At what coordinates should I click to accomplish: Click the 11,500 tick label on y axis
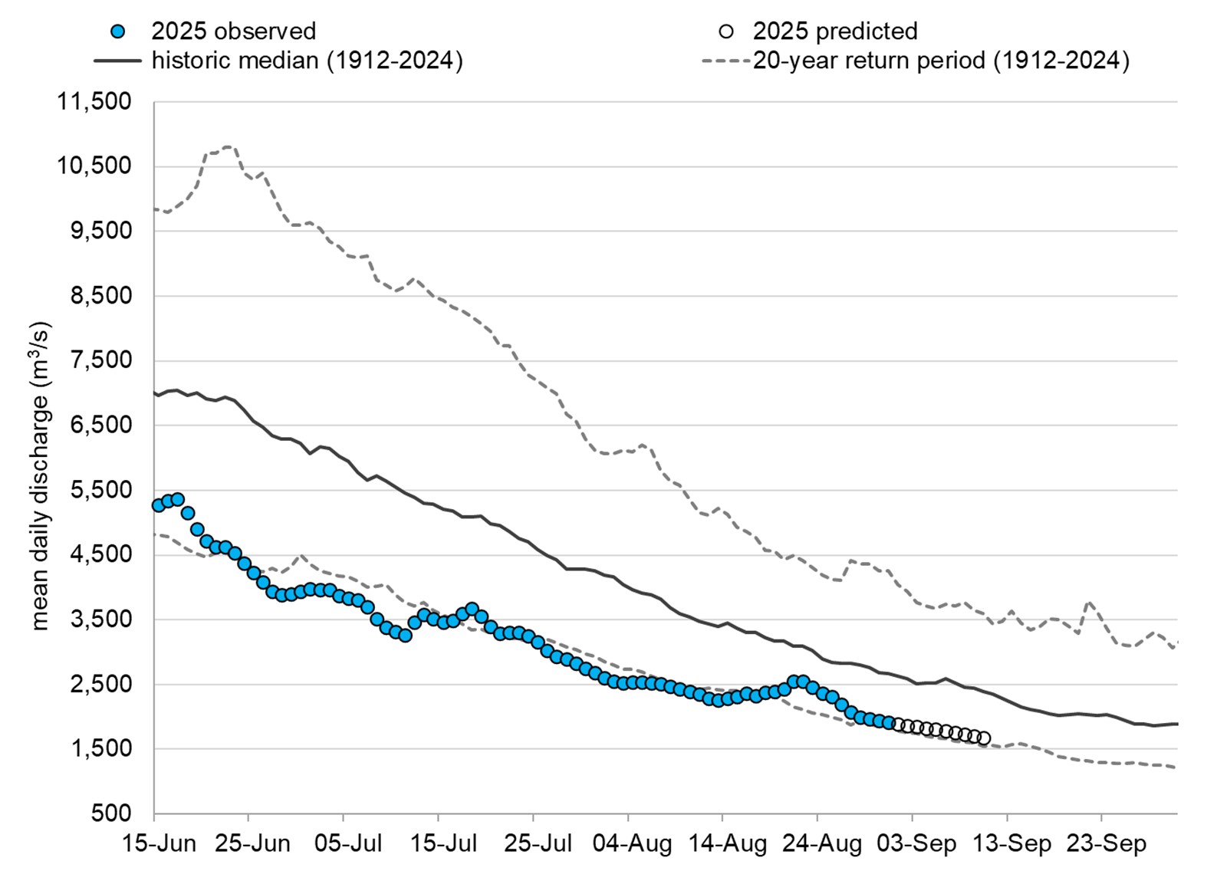click(x=94, y=101)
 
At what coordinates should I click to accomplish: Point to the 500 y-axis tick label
click(x=111, y=813)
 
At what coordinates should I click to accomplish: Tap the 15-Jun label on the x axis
click(x=159, y=844)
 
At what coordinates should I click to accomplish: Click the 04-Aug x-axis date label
click(x=633, y=844)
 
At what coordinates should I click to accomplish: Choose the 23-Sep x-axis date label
click(x=1107, y=844)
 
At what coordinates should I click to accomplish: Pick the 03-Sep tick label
click(x=917, y=844)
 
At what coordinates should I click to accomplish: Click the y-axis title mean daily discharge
click(x=39, y=475)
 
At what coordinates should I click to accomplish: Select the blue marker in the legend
click(x=117, y=31)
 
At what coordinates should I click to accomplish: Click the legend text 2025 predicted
click(x=834, y=31)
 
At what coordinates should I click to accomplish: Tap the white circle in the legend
click(x=725, y=31)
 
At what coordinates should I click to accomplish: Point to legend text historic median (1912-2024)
click(x=307, y=61)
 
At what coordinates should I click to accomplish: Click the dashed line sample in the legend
click(x=725, y=61)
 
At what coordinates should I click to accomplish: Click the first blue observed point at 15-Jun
click(x=159, y=504)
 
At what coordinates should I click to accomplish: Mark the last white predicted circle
click(x=984, y=738)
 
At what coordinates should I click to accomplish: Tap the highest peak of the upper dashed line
click(x=228, y=146)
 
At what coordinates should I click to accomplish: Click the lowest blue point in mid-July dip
click(x=406, y=635)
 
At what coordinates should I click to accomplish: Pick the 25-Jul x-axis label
click(x=538, y=844)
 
